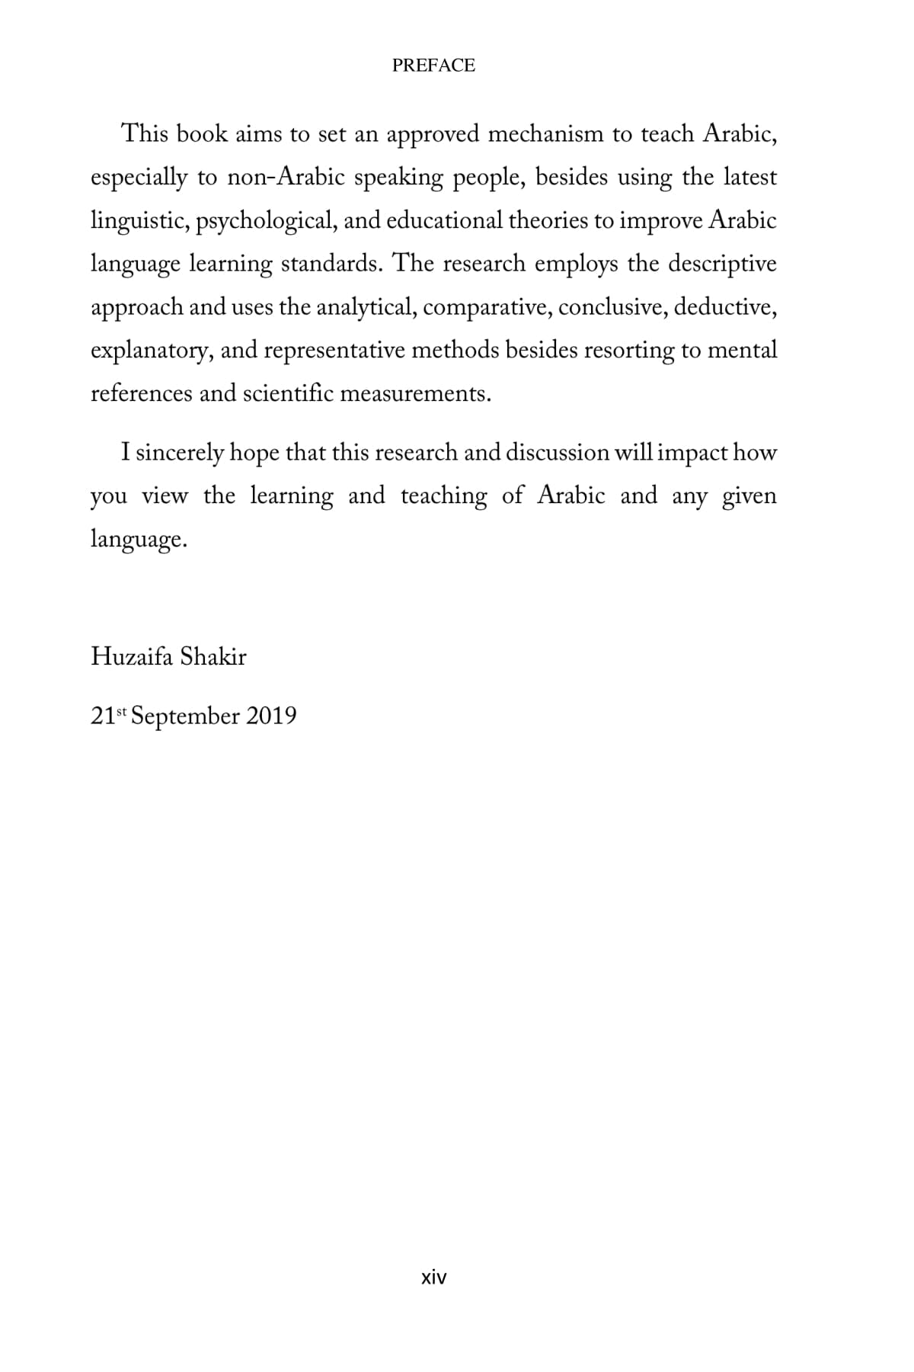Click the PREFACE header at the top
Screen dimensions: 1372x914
433,66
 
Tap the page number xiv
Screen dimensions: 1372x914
433,1277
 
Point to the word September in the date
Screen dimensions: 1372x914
186,716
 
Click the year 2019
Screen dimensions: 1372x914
271,716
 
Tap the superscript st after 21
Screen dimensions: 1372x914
120,712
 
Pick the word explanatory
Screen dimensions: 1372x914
151,351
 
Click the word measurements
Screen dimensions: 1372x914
415,394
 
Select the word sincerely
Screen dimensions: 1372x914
179,453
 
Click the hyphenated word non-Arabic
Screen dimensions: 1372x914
286,178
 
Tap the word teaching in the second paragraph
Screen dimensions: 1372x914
444,496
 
